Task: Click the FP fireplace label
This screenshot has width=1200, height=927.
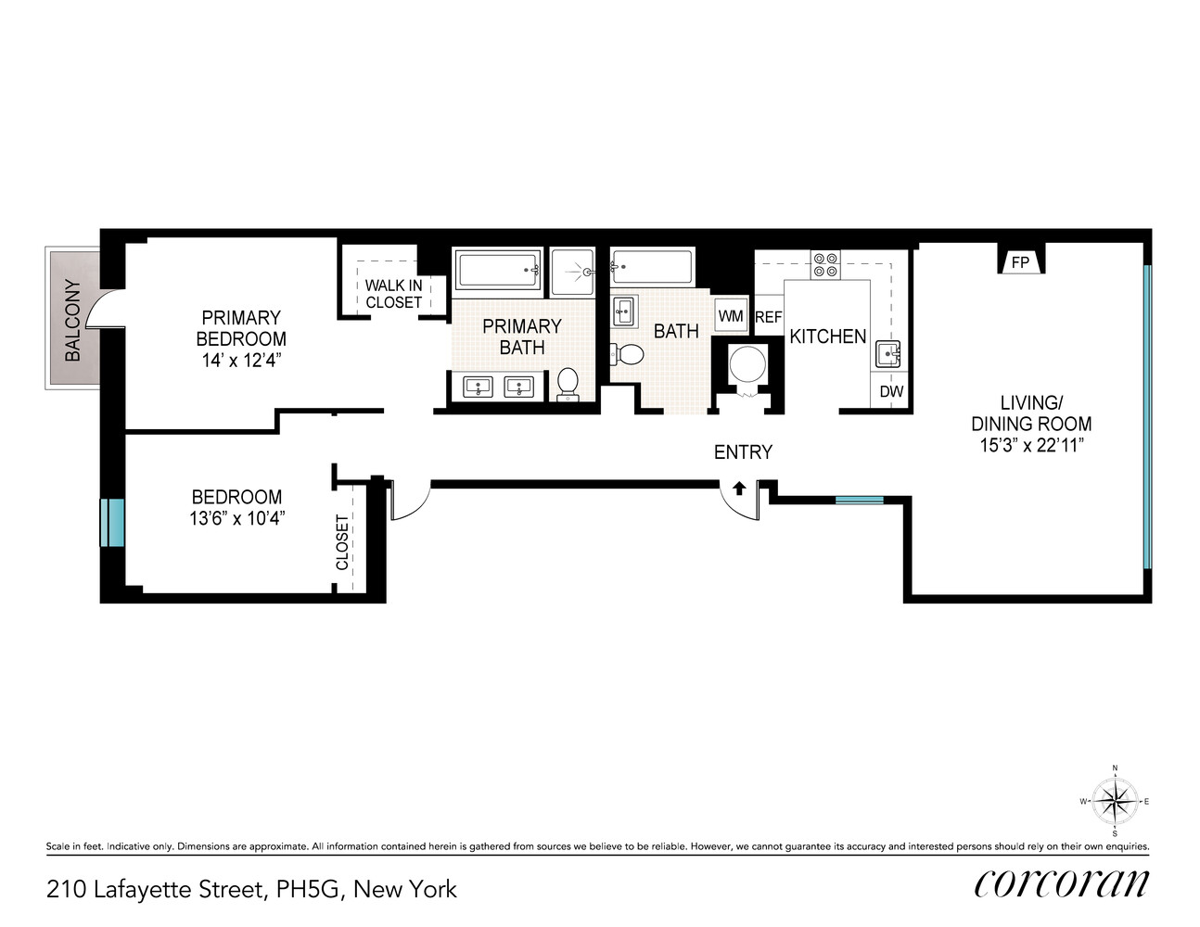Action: [x=1020, y=262]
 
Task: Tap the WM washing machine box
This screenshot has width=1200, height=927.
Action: [x=731, y=316]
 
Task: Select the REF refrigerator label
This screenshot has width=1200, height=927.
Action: [x=768, y=317]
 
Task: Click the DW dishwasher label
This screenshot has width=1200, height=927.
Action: [x=891, y=391]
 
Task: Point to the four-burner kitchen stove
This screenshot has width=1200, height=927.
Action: [x=824, y=265]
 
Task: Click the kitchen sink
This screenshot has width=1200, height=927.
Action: [x=888, y=354]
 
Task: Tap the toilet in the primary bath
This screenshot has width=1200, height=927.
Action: [x=568, y=383]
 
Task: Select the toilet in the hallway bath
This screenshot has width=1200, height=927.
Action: [x=630, y=354]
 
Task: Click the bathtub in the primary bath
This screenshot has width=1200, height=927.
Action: [x=498, y=271]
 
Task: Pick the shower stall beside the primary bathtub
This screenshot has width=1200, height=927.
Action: [x=572, y=272]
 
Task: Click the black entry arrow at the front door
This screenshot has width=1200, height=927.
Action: [x=739, y=488]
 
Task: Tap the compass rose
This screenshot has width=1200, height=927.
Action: [x=1115, y=801]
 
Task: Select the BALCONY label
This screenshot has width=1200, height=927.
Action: [x=72, y=320]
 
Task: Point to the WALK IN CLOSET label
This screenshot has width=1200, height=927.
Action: [x=393, y=294]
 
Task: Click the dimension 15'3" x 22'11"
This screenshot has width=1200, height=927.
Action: [x=1031, y=445]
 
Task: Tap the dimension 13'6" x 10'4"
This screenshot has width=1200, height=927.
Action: [x=236, y=518]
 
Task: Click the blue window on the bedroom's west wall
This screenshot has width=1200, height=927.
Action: [x=112, y=523]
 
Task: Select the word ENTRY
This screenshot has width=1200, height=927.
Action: [x=743, y=452]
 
